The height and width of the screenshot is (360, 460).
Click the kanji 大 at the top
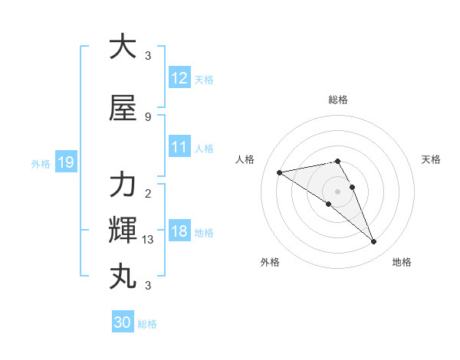(x=123, y=47)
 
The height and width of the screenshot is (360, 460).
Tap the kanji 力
(x=123, y=185)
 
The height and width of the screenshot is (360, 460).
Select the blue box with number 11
(x=179, y=147)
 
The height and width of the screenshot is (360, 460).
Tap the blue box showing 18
(x=179, y=231)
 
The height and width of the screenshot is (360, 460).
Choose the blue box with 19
(x=65, y=162)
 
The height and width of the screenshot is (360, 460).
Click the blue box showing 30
(x=123, y=322)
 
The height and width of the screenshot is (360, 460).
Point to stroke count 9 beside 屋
(x=147, y=116)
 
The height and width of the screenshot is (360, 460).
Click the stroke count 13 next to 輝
(x=149, y=240)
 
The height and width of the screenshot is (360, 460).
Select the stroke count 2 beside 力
(x=147, y=193)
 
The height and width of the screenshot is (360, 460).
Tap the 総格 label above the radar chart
(x=338, y=100)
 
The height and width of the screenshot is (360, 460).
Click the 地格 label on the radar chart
(x=402, y=262)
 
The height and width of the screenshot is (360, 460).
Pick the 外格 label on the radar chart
(x=270, y=262)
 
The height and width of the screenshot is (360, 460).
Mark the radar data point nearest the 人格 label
(x=280, y=172)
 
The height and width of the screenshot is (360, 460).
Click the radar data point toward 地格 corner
(x=374, y=242)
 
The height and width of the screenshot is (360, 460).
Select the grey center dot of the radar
(x=338, y=191)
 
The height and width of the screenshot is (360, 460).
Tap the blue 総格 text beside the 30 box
(x=147, y=324)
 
